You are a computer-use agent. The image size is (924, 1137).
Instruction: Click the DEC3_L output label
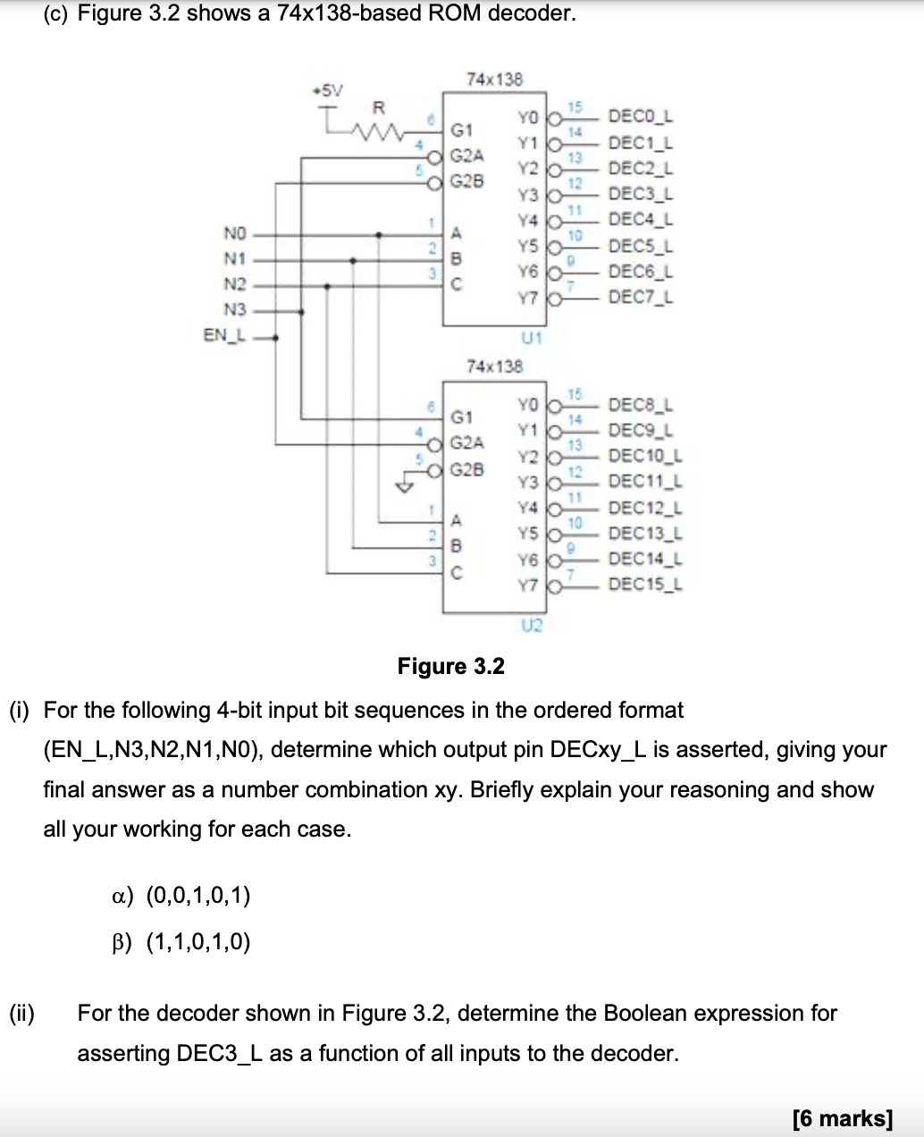640,194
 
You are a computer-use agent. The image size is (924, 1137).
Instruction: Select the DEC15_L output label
644,585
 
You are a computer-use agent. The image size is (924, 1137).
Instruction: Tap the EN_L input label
224,336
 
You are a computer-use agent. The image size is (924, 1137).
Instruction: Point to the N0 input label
234,234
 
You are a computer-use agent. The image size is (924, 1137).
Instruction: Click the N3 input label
234,310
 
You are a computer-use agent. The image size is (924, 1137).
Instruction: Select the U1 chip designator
531,338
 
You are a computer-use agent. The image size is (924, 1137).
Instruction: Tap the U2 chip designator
531,625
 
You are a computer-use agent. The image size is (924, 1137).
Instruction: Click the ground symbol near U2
407,487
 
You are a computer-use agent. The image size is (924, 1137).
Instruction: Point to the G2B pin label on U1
467,181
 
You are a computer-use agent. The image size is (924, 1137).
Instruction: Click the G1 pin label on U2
462,417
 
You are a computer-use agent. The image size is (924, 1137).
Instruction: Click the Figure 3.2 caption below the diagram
450,666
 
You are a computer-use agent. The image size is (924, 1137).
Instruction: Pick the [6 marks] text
843,1117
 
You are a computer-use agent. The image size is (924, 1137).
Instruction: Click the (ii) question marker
21,1013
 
